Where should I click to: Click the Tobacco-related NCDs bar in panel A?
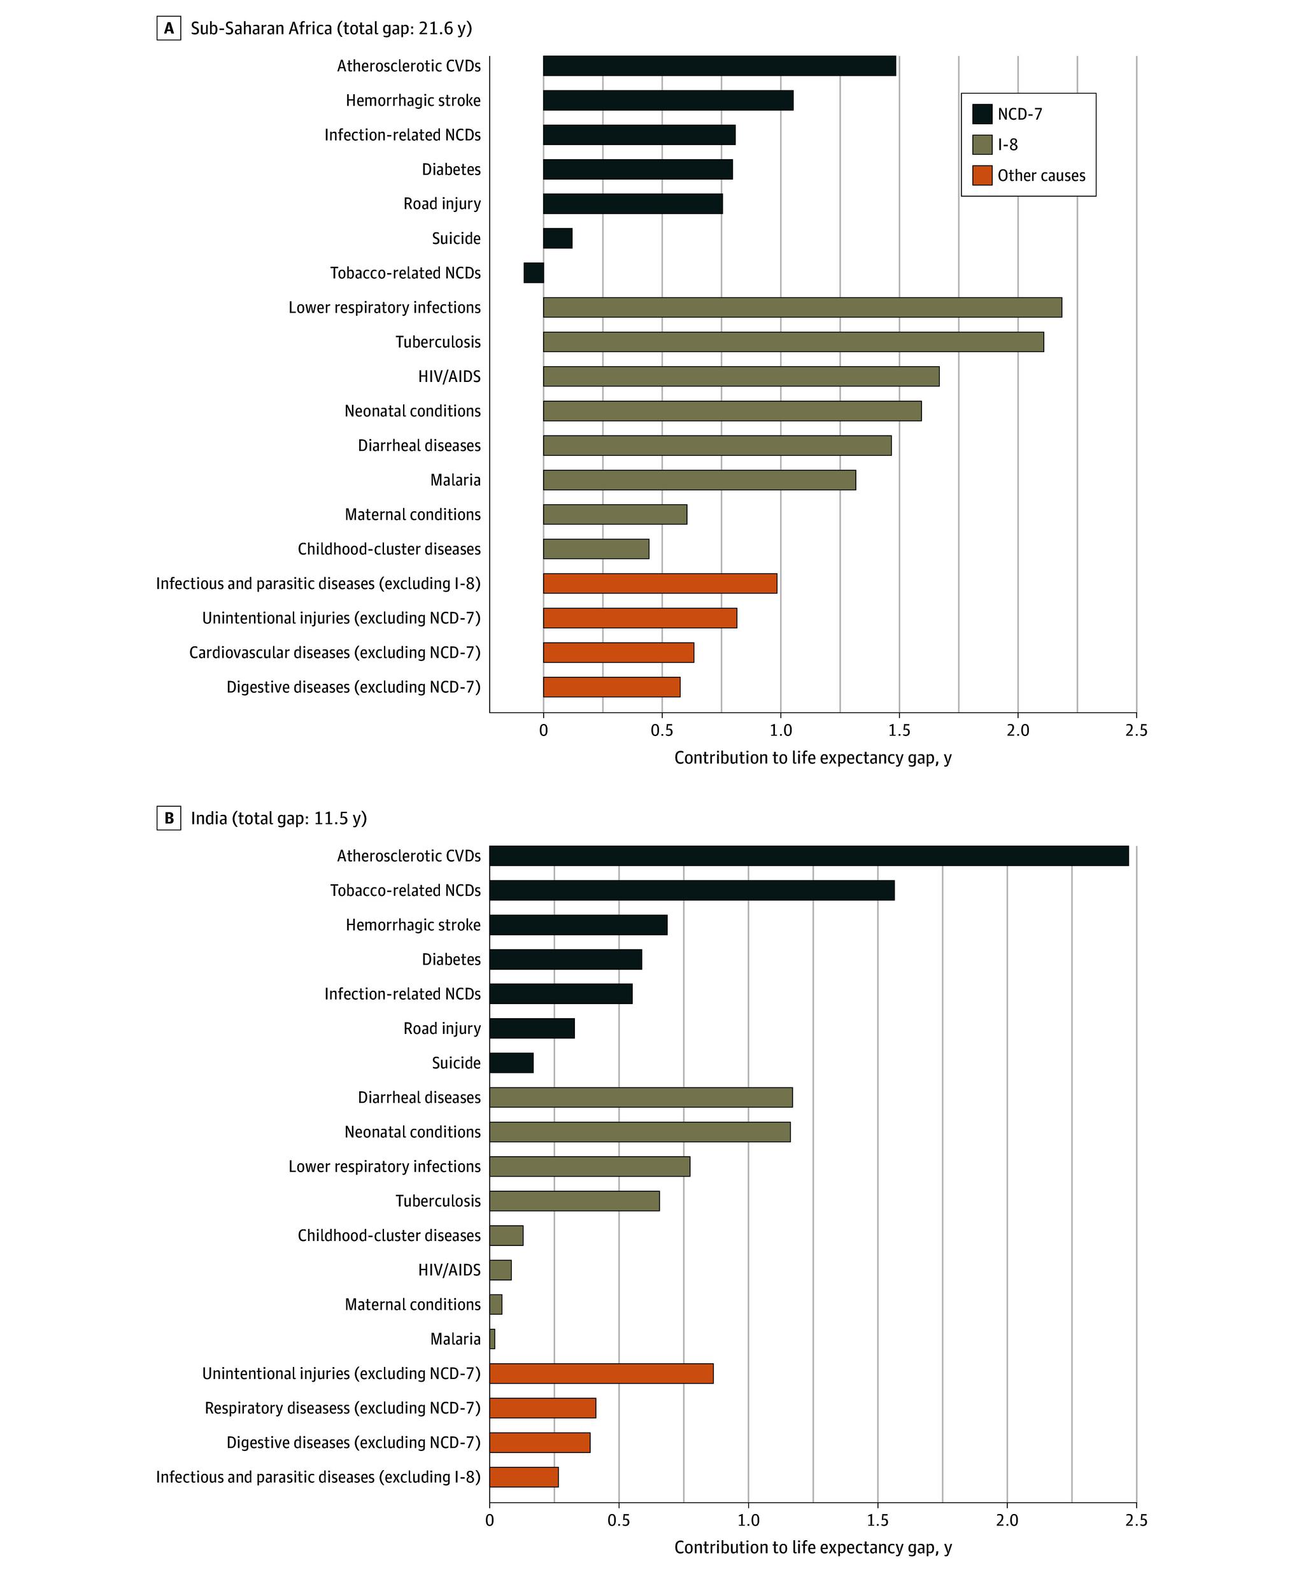[534, 273]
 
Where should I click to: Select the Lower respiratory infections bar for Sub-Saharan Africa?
[802, 308]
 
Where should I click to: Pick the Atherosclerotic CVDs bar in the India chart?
[809, 856]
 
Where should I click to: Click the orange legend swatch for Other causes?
[982, 175]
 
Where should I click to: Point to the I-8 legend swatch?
[982, 145]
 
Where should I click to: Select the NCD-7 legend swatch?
[982, 114]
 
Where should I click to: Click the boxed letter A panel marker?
[169, 29]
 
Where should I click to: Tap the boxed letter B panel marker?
[169, 818]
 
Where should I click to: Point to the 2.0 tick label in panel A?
[1017, 730]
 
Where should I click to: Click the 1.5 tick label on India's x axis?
[878, 1520]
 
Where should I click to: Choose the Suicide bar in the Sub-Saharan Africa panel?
[558, 239]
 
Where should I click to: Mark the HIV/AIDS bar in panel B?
[500, 1270]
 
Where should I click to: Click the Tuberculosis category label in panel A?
[438, 342]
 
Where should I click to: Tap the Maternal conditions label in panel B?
[413, 1305]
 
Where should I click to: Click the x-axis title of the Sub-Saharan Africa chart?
[813, 758]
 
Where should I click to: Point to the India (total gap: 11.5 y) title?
[278, 818]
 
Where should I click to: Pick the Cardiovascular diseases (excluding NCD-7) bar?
[618, 653]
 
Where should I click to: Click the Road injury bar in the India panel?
[532, 1028]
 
